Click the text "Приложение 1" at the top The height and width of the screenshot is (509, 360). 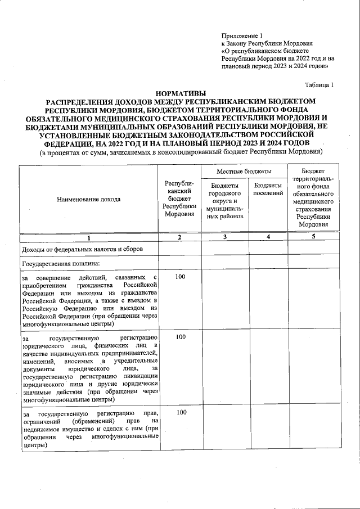click(242, 35)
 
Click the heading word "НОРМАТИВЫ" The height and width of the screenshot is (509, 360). click(180, 93)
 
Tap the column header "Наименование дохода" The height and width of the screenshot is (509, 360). click(88, 199)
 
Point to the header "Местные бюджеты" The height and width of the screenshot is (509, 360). click(244, 170)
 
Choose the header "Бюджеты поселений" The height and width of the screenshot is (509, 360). click(268, 190)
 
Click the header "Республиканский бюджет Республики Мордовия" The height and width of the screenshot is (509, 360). click(179, 199)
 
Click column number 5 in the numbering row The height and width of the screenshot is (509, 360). click(314, 237)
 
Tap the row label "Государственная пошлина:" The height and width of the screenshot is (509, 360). click(60, 263)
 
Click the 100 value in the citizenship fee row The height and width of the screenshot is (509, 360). click(180, 277)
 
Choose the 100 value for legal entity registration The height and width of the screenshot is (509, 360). click(180, 337)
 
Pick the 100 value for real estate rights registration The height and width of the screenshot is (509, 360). click(180, 412)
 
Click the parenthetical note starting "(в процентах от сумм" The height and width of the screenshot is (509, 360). click(180, 152)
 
